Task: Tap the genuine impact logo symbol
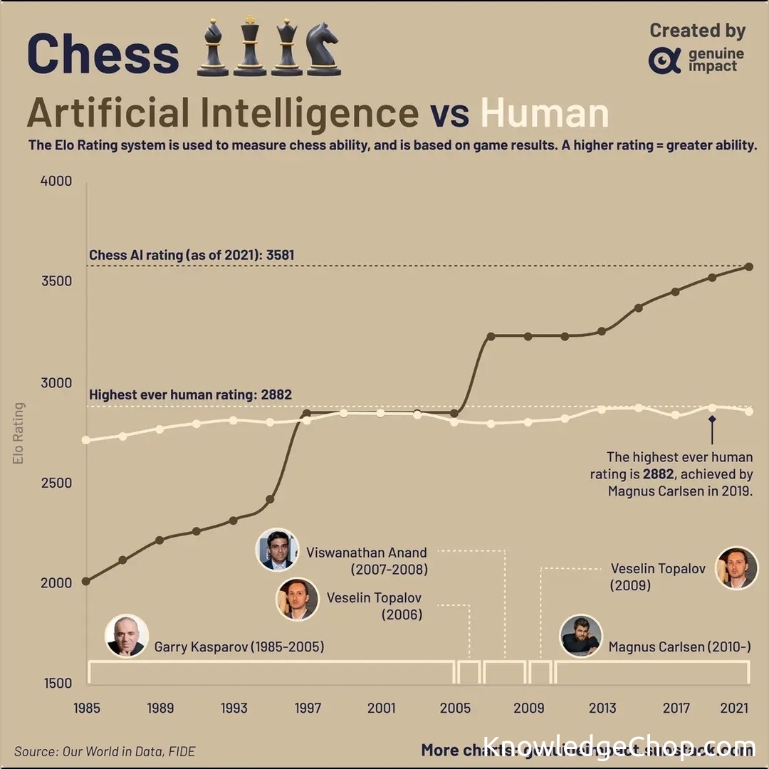(x=664, y=61)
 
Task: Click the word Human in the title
(x=545, y=113)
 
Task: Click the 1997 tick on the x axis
(x=308, y=708)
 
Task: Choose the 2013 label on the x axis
(x=602, y=708)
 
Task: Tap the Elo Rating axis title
(x=19, y=434)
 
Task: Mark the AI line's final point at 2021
(x=749, y=267)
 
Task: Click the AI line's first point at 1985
(x=86, y=581)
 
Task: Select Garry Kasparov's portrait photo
(x=127, y=636)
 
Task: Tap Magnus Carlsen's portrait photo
(x=581, y=636)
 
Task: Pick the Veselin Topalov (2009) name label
(x=658, y=577)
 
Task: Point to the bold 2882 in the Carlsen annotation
(x=659, y=474)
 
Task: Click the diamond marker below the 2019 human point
(x=711, y=420)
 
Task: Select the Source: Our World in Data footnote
(x=105, y=751)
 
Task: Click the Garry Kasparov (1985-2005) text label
(x=239, y=647)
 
